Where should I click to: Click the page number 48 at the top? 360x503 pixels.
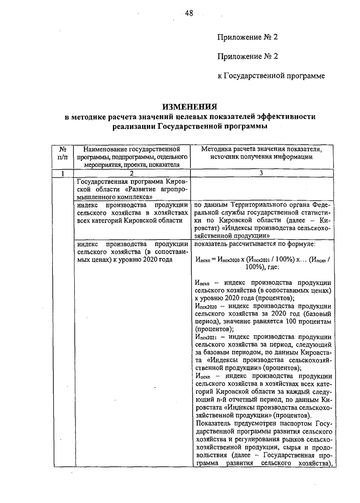click(x=189, y=13)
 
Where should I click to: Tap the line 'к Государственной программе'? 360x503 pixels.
click(x=271, y=76)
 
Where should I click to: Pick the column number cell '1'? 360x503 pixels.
click(x=63, y=173)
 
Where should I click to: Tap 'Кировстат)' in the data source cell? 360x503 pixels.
click(x=208, y=228)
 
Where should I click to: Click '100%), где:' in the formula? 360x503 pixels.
click(x=262, y=267)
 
